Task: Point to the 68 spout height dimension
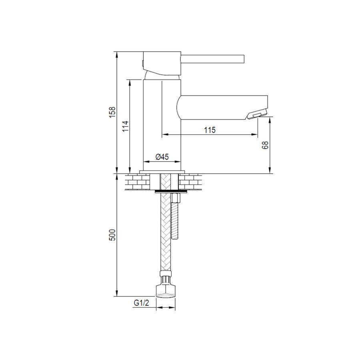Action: click(265, 145)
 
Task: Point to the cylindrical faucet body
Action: click(162, 120)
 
